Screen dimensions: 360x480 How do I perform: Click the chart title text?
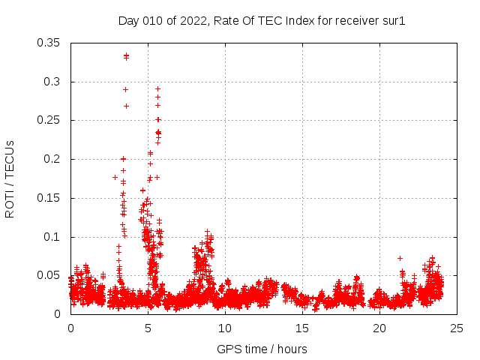(x=262, y=20)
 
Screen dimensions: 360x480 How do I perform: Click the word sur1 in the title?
(x=393, y=20)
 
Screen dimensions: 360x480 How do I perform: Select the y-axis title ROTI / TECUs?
(x=10, y=178)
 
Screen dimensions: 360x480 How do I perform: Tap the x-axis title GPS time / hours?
(x=262, y=349)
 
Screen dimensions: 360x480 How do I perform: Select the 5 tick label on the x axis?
(x=148, y=328)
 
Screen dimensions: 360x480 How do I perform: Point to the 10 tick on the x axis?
(x=225, y=328)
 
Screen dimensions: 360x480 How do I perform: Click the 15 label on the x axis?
(x=302, y=328)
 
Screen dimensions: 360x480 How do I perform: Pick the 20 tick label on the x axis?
(x=379, y=328)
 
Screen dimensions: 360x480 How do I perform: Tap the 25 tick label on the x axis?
(x=457, y=328)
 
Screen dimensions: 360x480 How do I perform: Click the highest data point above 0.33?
(x=126, y=55)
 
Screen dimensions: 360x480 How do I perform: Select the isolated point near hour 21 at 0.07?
(x=400, y=258)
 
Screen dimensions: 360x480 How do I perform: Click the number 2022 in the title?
(x=193, y=20)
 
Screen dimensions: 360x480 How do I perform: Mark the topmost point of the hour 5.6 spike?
(x=157, y=88)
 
